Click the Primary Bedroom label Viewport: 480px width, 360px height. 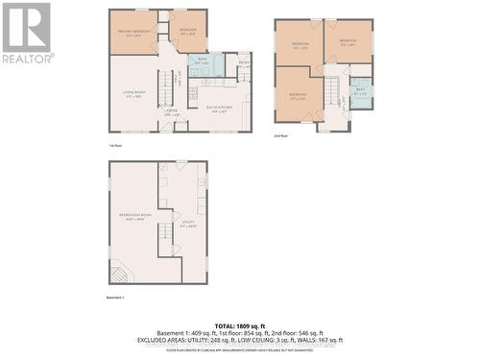point(133,34)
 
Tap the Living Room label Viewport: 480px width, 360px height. point(133,93)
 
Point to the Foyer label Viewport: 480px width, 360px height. point(173,113)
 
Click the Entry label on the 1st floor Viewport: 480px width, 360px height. point(244,65)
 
